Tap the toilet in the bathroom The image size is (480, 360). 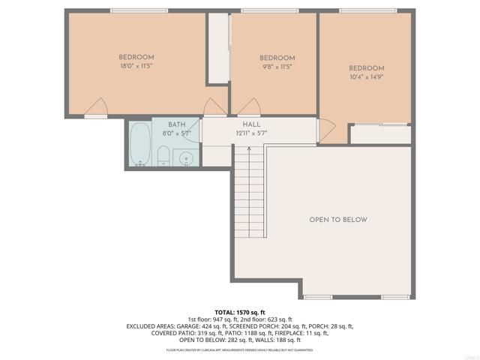(163, 154)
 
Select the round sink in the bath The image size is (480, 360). (186, 157)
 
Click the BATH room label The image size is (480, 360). (177, 124)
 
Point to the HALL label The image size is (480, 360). (251, 124)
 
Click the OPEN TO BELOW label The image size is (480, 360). (338, 220)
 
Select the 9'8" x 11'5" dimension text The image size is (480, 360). (277, 67)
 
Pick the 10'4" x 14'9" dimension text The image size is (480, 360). (366, 76)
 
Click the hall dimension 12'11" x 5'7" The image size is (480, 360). (251, 133)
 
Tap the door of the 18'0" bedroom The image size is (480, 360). (95, 109)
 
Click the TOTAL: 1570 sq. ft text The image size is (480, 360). (240, 312)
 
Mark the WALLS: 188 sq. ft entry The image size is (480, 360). (277, 340)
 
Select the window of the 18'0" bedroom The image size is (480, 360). (139, 10)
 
